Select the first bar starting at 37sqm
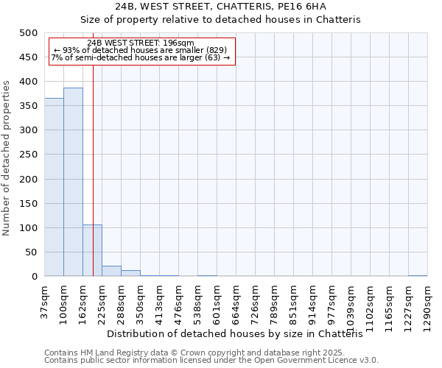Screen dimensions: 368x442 54,187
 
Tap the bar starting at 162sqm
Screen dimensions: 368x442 92,250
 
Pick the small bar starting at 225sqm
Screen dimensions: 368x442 111,271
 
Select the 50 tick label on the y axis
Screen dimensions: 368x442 31,252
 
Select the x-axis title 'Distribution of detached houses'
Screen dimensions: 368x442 240,334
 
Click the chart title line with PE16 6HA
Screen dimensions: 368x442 220,7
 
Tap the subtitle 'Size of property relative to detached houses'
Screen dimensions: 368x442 220,20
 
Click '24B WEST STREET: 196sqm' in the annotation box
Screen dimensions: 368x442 141,43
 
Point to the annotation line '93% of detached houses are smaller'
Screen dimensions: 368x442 141,50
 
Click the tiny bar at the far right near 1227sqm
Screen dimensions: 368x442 418,275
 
